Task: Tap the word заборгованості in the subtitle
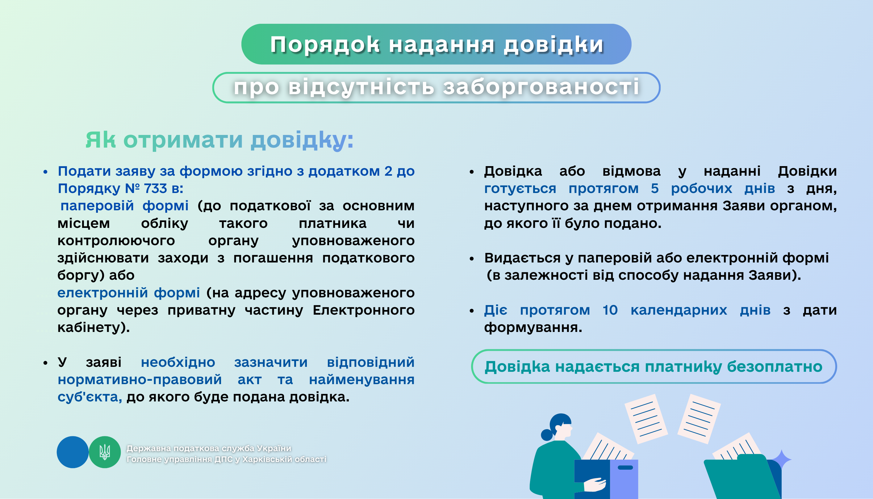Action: [541, 87]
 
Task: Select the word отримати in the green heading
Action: [183, 140]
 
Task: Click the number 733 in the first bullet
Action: [155, 188]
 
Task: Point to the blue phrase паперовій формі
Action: [124, 206]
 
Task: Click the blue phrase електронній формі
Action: [128, 292]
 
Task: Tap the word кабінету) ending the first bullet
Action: [94, 328]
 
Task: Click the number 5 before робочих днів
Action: [655, 188]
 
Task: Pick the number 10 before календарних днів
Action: [610, 310]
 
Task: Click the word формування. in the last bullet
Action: [533, 328]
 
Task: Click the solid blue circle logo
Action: [72, 452]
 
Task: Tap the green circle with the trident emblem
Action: [105, 452]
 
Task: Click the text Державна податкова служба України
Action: [209, 448]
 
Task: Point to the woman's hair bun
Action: [546, 434]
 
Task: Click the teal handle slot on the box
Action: [625, 468]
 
